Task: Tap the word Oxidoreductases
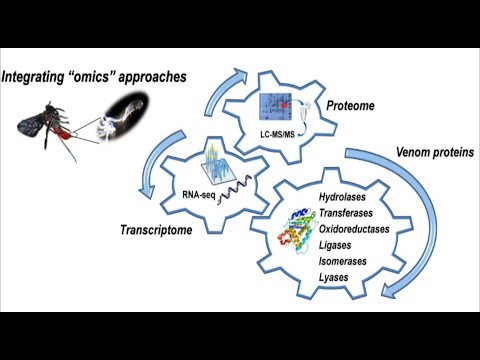(354, 231)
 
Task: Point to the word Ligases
(337, 245)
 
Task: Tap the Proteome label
(350, 105)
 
